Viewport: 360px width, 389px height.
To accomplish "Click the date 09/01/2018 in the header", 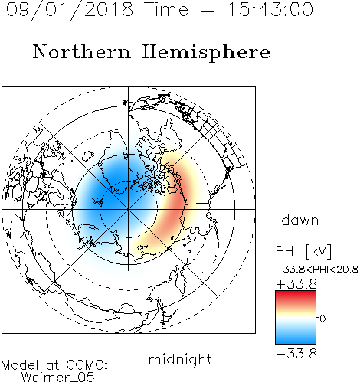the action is click(70, 10).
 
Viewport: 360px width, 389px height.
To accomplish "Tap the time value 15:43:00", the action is click(270, 9).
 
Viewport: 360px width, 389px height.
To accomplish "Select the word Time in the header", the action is click(166, 9).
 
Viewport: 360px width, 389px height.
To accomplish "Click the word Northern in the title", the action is click(82, 51).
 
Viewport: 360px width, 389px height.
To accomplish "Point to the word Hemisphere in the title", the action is click(206, 53).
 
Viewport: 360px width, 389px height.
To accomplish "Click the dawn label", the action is click(300, 220).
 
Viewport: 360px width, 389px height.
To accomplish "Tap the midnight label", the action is click(180, 359).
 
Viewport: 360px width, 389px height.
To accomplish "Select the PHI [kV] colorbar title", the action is click(303, 251).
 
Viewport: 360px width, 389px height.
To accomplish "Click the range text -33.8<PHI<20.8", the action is click(317, 270).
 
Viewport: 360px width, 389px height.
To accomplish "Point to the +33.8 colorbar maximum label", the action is click(296, 284).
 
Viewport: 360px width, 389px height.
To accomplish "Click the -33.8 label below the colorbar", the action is click(296, 354).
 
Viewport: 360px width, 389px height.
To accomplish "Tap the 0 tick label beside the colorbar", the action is click(322, 319).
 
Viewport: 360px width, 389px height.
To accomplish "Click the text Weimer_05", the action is click(58, 377).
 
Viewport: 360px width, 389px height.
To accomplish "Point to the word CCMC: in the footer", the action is click(87, 365).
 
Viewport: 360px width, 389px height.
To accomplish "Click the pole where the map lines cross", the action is click(129, 209).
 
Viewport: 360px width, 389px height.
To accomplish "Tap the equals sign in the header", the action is click(208, 11).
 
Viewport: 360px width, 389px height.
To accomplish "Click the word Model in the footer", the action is click(20, 365).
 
